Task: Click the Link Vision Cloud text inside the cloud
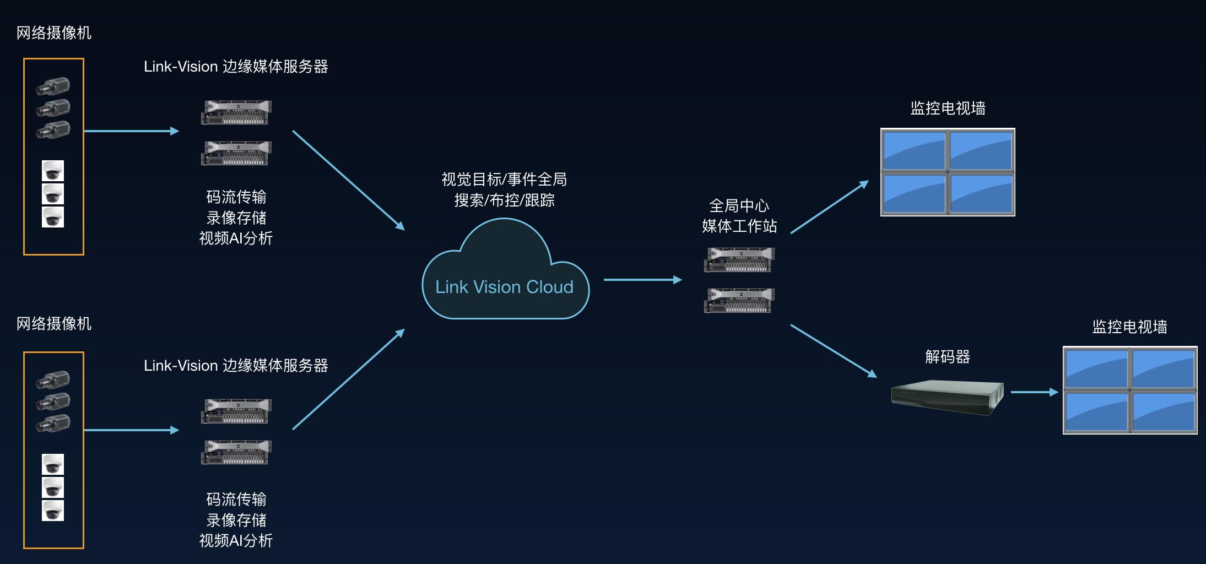pyautogui.click(x=504, y=287)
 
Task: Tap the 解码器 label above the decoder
pyautogui.click(x=947, y=357)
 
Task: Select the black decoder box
pyautogui.click(x=947, y=397)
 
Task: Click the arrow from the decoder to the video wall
pyautogui.click(x=1034, y=392)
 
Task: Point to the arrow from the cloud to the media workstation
pyautogui.click(x=642, y=280)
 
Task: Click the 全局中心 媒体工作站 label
pyautogui.click(x=739, y=216)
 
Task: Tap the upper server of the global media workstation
pyautogui.click(x=739, y=259)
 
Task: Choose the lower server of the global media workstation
pyautogui.click(x=739, y=300)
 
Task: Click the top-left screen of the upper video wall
pyautogui.click(x=914, y=150)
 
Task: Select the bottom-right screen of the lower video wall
pyautogui.click(x=1162, y=411)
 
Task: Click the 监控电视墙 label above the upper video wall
pyautogui.click(x=948, y=109)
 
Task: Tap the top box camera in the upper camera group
pyautogui.click(x=53, y=86)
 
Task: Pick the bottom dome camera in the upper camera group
pyautogui.click(x=53, y=217)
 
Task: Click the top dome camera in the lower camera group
pyautogui.click(x=53, y=464)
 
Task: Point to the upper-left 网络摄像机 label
pyautogui.click(x=54, y=33)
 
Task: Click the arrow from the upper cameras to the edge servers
pyautogui.click(x=131, y=131)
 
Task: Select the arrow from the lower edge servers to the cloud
pyautogui.click(x=348, y=379)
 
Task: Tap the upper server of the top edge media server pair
pyautogui.click(x=236, y=112)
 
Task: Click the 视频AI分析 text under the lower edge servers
pyautogui.click(x=236, y=541)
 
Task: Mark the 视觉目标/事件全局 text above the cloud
pyautogui.click(x=504, y=180)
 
